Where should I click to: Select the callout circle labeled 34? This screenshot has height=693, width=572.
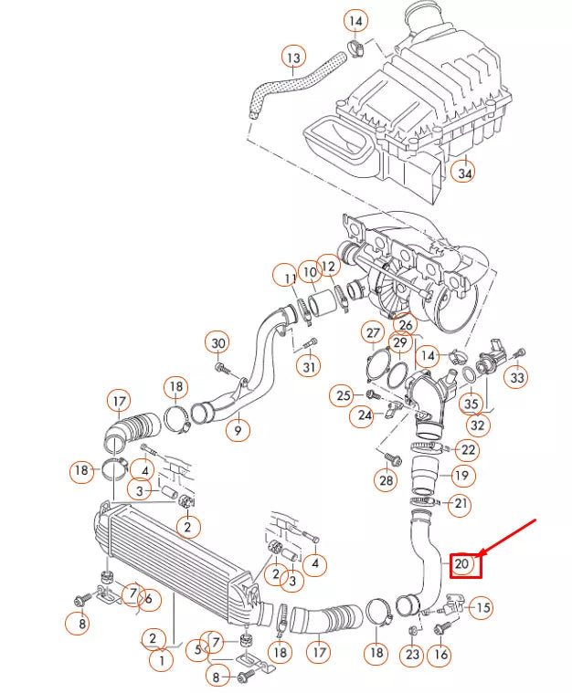(464, 173)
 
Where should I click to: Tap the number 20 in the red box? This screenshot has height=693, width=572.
(462, 564)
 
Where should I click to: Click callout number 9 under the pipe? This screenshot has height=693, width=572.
(238, 429)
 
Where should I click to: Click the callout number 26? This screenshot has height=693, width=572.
(406, 324)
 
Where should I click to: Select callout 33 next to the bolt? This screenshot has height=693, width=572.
(518, 377)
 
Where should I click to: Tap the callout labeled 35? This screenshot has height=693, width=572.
(471, 403)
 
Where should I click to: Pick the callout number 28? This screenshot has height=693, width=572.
(386, 479)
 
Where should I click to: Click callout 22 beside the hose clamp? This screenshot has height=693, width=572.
(467, 449)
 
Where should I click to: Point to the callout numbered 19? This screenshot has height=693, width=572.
(461, 476)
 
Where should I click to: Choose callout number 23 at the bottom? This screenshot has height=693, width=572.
(412, 654)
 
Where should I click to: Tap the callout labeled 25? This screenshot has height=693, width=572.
(343, 395)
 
